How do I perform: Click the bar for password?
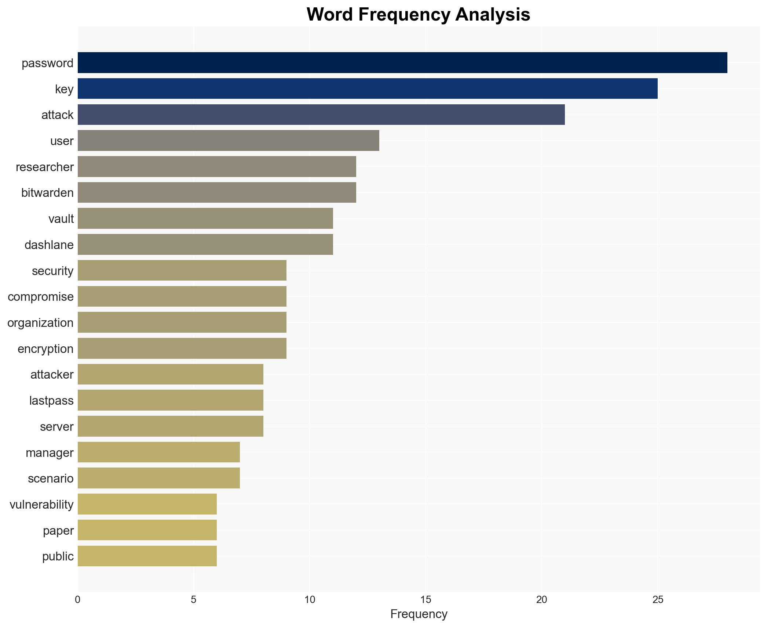(x=402, y=63)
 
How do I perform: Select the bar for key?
(x=367, y=89)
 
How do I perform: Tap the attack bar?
(x=321, y=115)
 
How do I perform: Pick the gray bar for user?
(x=228, y=141)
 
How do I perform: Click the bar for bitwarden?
(x=216, y=192)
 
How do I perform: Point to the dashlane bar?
(x=205, y=245)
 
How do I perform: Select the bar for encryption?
(x=182, y=349)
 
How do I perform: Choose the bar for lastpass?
(x=170, y=400)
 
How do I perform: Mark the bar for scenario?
(x=158, y=478)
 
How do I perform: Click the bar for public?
(x=147, y=556)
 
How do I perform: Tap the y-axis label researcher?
(x=45, y=167)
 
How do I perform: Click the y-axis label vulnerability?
(x=41, y=505)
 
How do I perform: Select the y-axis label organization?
(x=40, y=323)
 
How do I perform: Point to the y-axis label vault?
(x=61, y=219)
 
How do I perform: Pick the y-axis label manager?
(x=50, y=453)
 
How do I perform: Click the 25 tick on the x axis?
(x=658, y=600)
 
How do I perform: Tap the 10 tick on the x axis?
(x=310, y=600)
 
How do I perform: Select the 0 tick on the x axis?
(x=78, y=600)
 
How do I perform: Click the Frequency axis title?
(x=419, y=614)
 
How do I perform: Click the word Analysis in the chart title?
(x=493, y=15)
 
